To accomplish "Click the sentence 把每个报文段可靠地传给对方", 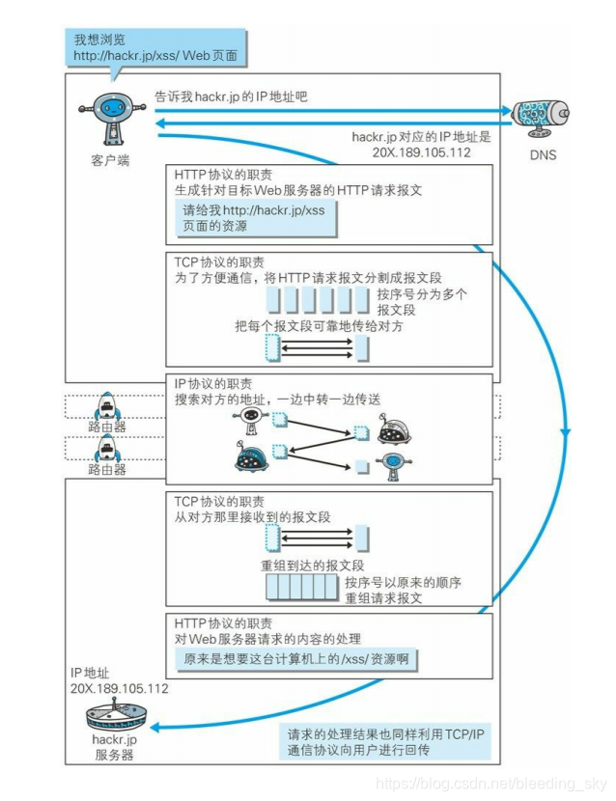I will pyautogui.click(x=319, y=326).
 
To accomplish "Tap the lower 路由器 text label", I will pyautogui.click(x=106, y=470).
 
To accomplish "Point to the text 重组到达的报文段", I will pyautogui.click(x=312, y=566).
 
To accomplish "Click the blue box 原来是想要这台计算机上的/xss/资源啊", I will pyautogui.click(x=297, y=659).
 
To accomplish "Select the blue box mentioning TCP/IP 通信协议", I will pyautogui.click(x=386, y=741).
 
